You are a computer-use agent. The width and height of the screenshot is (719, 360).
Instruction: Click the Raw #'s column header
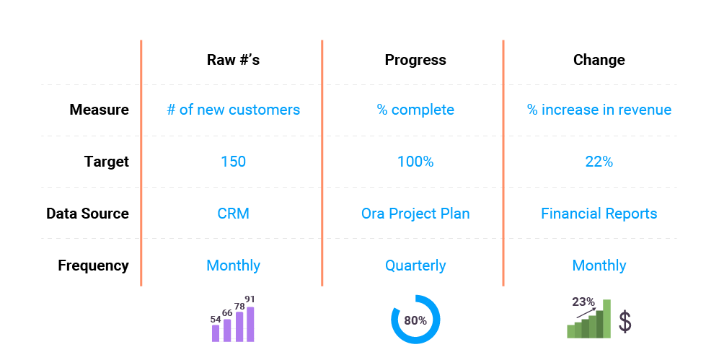point(233,60)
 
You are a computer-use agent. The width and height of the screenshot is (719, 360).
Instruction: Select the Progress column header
point(415,60)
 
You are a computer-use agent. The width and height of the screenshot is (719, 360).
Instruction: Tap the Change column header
point(599,60)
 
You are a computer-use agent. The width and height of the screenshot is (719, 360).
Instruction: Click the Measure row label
point(100,110)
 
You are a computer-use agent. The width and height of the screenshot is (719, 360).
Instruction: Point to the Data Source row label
point(87,214)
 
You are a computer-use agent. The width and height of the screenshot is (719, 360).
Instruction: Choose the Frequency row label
point(93,265)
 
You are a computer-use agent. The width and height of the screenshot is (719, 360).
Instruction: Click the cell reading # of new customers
point(233,110)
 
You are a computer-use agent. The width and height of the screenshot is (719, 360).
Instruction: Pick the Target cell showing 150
point(233,162)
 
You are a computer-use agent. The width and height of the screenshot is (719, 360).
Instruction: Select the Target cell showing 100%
point(415,162)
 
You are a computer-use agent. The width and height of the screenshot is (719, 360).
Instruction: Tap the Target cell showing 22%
point(599,162)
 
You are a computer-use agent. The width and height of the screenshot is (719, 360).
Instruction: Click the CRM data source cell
point(233,214)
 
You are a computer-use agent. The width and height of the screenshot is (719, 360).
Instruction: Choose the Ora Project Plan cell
point(415,214)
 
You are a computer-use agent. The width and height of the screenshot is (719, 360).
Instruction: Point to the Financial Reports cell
point(599,214)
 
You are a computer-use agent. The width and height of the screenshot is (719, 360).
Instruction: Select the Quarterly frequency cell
point(415,265)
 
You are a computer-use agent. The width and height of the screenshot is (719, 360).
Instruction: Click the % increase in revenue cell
point(599,110)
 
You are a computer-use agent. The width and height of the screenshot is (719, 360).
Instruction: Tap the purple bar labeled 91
point(250,324)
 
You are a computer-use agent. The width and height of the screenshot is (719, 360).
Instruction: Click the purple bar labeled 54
point(216,333)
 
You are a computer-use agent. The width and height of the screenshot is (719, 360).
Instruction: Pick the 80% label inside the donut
point(415,320)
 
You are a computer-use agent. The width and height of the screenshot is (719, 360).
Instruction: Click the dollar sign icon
point(625,322)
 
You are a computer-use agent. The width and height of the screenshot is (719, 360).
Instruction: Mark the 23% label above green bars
point(583,302)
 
